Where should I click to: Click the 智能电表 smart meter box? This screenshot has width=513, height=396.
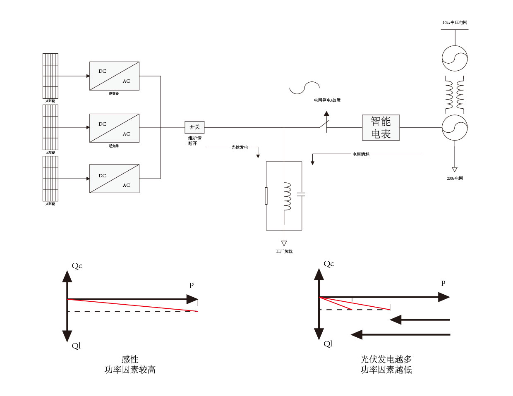[381, 128]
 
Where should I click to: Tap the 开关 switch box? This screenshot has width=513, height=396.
[194, 127]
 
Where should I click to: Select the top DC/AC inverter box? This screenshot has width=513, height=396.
[114, 76]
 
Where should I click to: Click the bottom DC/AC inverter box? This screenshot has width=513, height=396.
[114, 179]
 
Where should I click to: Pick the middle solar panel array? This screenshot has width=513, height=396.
[50, 127]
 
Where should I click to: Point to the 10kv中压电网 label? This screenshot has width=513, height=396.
[455, 23]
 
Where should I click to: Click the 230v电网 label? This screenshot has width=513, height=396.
[455, 179]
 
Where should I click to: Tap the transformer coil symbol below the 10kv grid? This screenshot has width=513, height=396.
[455, 95]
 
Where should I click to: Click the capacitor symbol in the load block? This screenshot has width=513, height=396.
[301, 194]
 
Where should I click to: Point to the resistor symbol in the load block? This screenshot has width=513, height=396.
[266, 196]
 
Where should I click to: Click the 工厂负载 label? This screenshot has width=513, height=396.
[284, 251]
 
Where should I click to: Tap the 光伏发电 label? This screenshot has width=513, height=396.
[240, 147]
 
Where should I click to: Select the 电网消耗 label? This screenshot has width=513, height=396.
[361, 154]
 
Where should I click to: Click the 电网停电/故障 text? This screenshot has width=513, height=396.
[327, 100]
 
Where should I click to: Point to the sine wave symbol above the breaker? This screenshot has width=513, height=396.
[304, 88]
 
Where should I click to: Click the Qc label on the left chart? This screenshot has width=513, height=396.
[77, 266]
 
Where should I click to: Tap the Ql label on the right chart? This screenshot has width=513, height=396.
[328, 344]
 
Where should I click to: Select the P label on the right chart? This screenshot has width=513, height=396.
[443, 284]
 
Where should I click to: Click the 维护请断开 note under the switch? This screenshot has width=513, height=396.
[194, 141]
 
